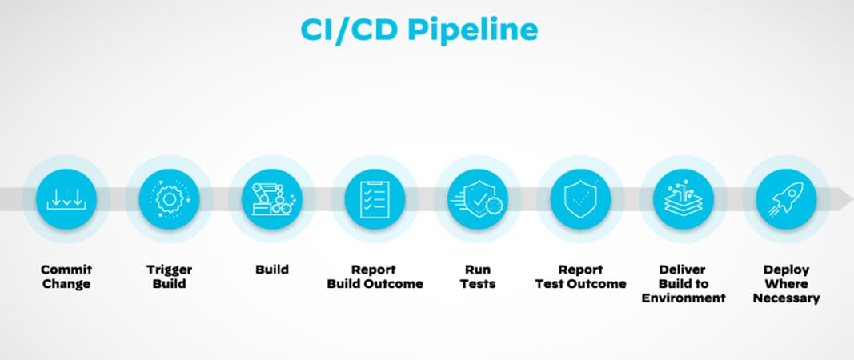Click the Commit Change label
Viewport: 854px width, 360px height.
click(x=66, y=277)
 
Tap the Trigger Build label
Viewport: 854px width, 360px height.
click(x=169, y=277)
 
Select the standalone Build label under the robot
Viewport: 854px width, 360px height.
click(x=271, y=270)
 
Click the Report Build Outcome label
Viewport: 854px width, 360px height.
click(x=375, y=277)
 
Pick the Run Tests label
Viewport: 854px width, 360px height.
click(x=478, y=277)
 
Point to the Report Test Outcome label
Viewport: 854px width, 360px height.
click(x=580, y=277)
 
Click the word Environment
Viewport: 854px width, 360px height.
click(x=684, y=298)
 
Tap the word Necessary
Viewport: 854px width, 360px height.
click(x=786, y=298)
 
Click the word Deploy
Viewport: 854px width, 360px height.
click(x=786, y=270)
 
